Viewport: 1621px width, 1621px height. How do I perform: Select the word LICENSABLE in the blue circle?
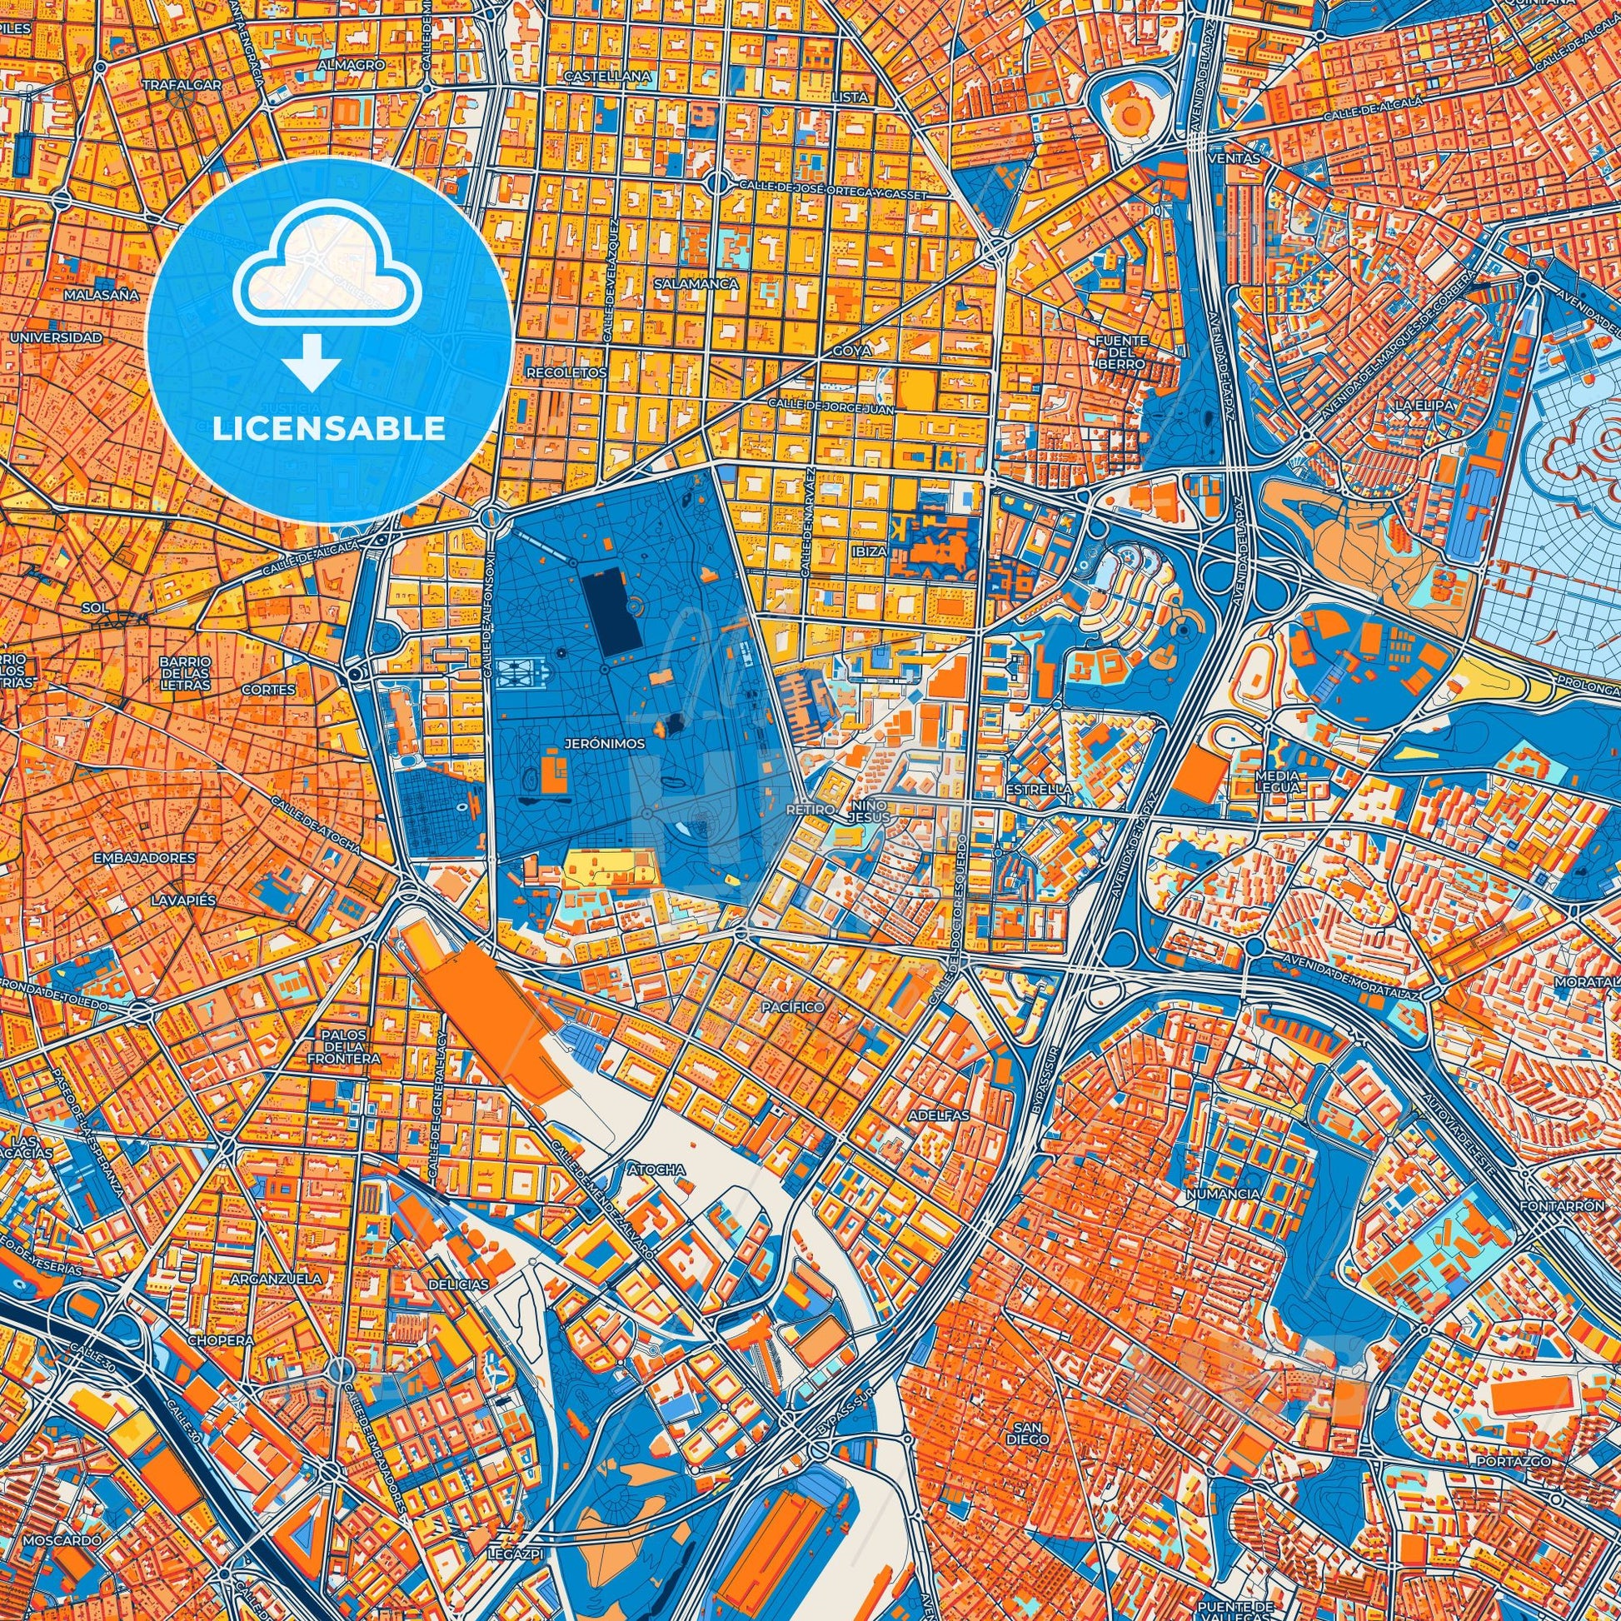click(x=329, y=429)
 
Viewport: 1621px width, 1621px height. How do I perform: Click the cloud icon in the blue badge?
click(x=329, y=265)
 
